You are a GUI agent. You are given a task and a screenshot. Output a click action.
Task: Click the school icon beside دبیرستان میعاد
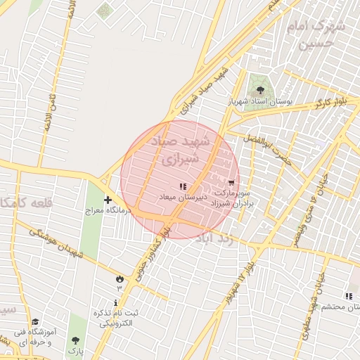183,186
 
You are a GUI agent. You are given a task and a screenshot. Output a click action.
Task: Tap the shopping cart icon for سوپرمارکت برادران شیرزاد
232,182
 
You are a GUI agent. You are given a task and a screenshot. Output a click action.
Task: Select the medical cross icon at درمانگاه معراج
108,200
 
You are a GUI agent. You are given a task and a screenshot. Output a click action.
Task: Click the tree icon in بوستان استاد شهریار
261,90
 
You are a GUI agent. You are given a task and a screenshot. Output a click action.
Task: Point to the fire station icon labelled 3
119,279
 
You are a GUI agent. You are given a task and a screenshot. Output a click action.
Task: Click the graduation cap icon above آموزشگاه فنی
35,322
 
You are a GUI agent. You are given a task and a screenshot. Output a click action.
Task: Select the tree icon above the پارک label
75,340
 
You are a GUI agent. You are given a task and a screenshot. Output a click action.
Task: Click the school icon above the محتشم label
349,296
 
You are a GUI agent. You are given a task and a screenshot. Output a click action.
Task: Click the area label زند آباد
225,239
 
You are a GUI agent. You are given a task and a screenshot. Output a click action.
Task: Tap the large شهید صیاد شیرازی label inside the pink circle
180,150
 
